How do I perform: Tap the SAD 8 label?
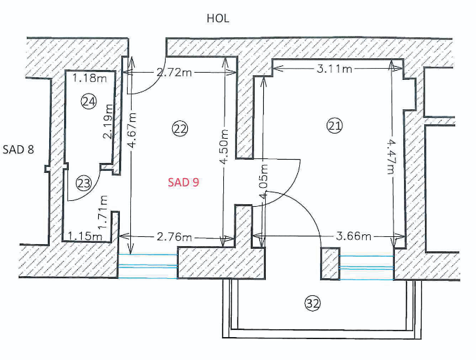point(18,149)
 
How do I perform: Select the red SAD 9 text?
point(183,183)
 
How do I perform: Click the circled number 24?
point(88,101)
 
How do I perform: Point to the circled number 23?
point(83,183)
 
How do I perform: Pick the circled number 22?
point(179,129)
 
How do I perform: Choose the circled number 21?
point(335,126)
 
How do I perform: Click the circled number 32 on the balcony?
point(313,302)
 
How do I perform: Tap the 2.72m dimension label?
point(174,72)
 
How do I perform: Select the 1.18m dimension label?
point(89,79)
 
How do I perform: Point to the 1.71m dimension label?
point(102,207)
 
